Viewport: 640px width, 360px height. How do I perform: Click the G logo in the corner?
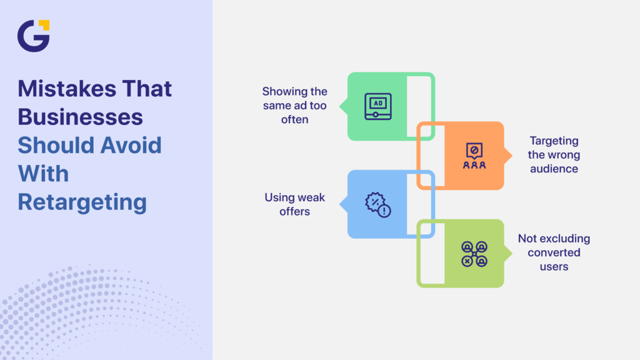[x=33, y=36]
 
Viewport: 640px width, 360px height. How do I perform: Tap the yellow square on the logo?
[x=43, y=25]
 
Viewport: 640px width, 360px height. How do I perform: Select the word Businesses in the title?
[x=80, y=117]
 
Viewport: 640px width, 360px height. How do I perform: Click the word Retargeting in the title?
[x=82, y=202]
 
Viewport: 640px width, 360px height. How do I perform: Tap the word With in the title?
[x=43, y=173]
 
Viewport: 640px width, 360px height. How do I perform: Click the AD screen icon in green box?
[x=377, y=106]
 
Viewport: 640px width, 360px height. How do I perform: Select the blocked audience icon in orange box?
[x=474, y=156]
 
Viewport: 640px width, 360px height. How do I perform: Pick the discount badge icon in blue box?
[x=377, y=204]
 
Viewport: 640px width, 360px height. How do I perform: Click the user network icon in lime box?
[x=474, y=253]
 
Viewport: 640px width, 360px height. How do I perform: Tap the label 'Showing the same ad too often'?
[x=294, y=105]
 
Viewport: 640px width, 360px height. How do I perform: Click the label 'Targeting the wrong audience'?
[x=554, y=154]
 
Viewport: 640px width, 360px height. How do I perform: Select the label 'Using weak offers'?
[x=294, y=204]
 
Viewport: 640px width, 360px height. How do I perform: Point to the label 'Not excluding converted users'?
[x=554, y=252]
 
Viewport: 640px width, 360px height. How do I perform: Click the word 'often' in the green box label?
[x=294, y=119]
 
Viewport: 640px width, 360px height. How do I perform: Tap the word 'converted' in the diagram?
[x=554, y=252]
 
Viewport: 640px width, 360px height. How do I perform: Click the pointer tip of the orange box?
[x=509, y=155]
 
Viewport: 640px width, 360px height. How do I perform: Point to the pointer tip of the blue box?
[x=343, y=204]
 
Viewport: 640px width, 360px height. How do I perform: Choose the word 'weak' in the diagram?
[x=311, y=197]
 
